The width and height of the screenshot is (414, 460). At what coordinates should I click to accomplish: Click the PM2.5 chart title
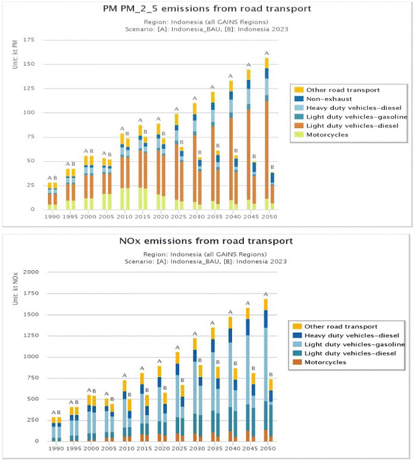click(207, 8)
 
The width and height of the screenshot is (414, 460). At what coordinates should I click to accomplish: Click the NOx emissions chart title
click(206, 241)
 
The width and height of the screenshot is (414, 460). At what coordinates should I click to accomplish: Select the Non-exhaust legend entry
click(329, 99)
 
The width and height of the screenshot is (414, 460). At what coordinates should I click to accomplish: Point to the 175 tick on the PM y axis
click(28, 40)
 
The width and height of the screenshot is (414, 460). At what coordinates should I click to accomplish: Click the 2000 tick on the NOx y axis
click(31, 272)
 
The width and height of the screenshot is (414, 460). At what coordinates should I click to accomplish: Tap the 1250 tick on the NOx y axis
click(31, 335)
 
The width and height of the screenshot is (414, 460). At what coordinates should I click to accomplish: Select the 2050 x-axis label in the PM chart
click(270, 216)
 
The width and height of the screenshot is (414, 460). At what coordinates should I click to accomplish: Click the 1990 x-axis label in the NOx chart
click(56, 449)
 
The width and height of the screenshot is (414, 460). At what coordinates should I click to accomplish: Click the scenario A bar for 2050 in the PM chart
click(267, 133)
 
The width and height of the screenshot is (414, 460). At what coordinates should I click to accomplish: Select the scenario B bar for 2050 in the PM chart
click(273, 191)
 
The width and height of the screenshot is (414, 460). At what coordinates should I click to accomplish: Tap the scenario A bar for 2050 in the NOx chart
click(266, 370)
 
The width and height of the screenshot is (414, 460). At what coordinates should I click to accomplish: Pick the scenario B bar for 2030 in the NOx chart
click(200, 403)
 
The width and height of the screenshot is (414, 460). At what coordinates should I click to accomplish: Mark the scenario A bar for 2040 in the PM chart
click(231, 145)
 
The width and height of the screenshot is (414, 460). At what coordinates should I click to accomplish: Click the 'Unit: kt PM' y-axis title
click(15, 55)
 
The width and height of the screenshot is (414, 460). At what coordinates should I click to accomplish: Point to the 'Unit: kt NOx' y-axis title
click(15, 289)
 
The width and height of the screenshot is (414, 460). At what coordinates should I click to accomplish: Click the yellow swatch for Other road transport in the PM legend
click(299, 90)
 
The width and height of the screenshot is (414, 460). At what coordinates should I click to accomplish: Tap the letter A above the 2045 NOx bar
click(248, 303)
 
